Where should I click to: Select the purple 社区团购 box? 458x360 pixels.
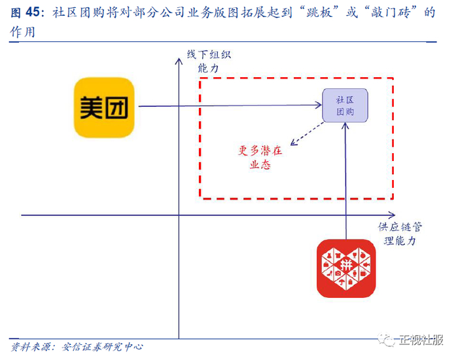coord(345,105)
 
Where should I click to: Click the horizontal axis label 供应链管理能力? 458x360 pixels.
coord(399,234)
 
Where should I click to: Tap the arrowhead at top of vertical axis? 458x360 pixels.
coord(179,60)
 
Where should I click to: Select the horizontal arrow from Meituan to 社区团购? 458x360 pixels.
coord(229,106)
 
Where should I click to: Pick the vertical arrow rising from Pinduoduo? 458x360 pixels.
coord(345,183)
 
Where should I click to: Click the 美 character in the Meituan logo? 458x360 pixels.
coord(91,108)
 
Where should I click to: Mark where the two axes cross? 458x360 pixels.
coord(179,215)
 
